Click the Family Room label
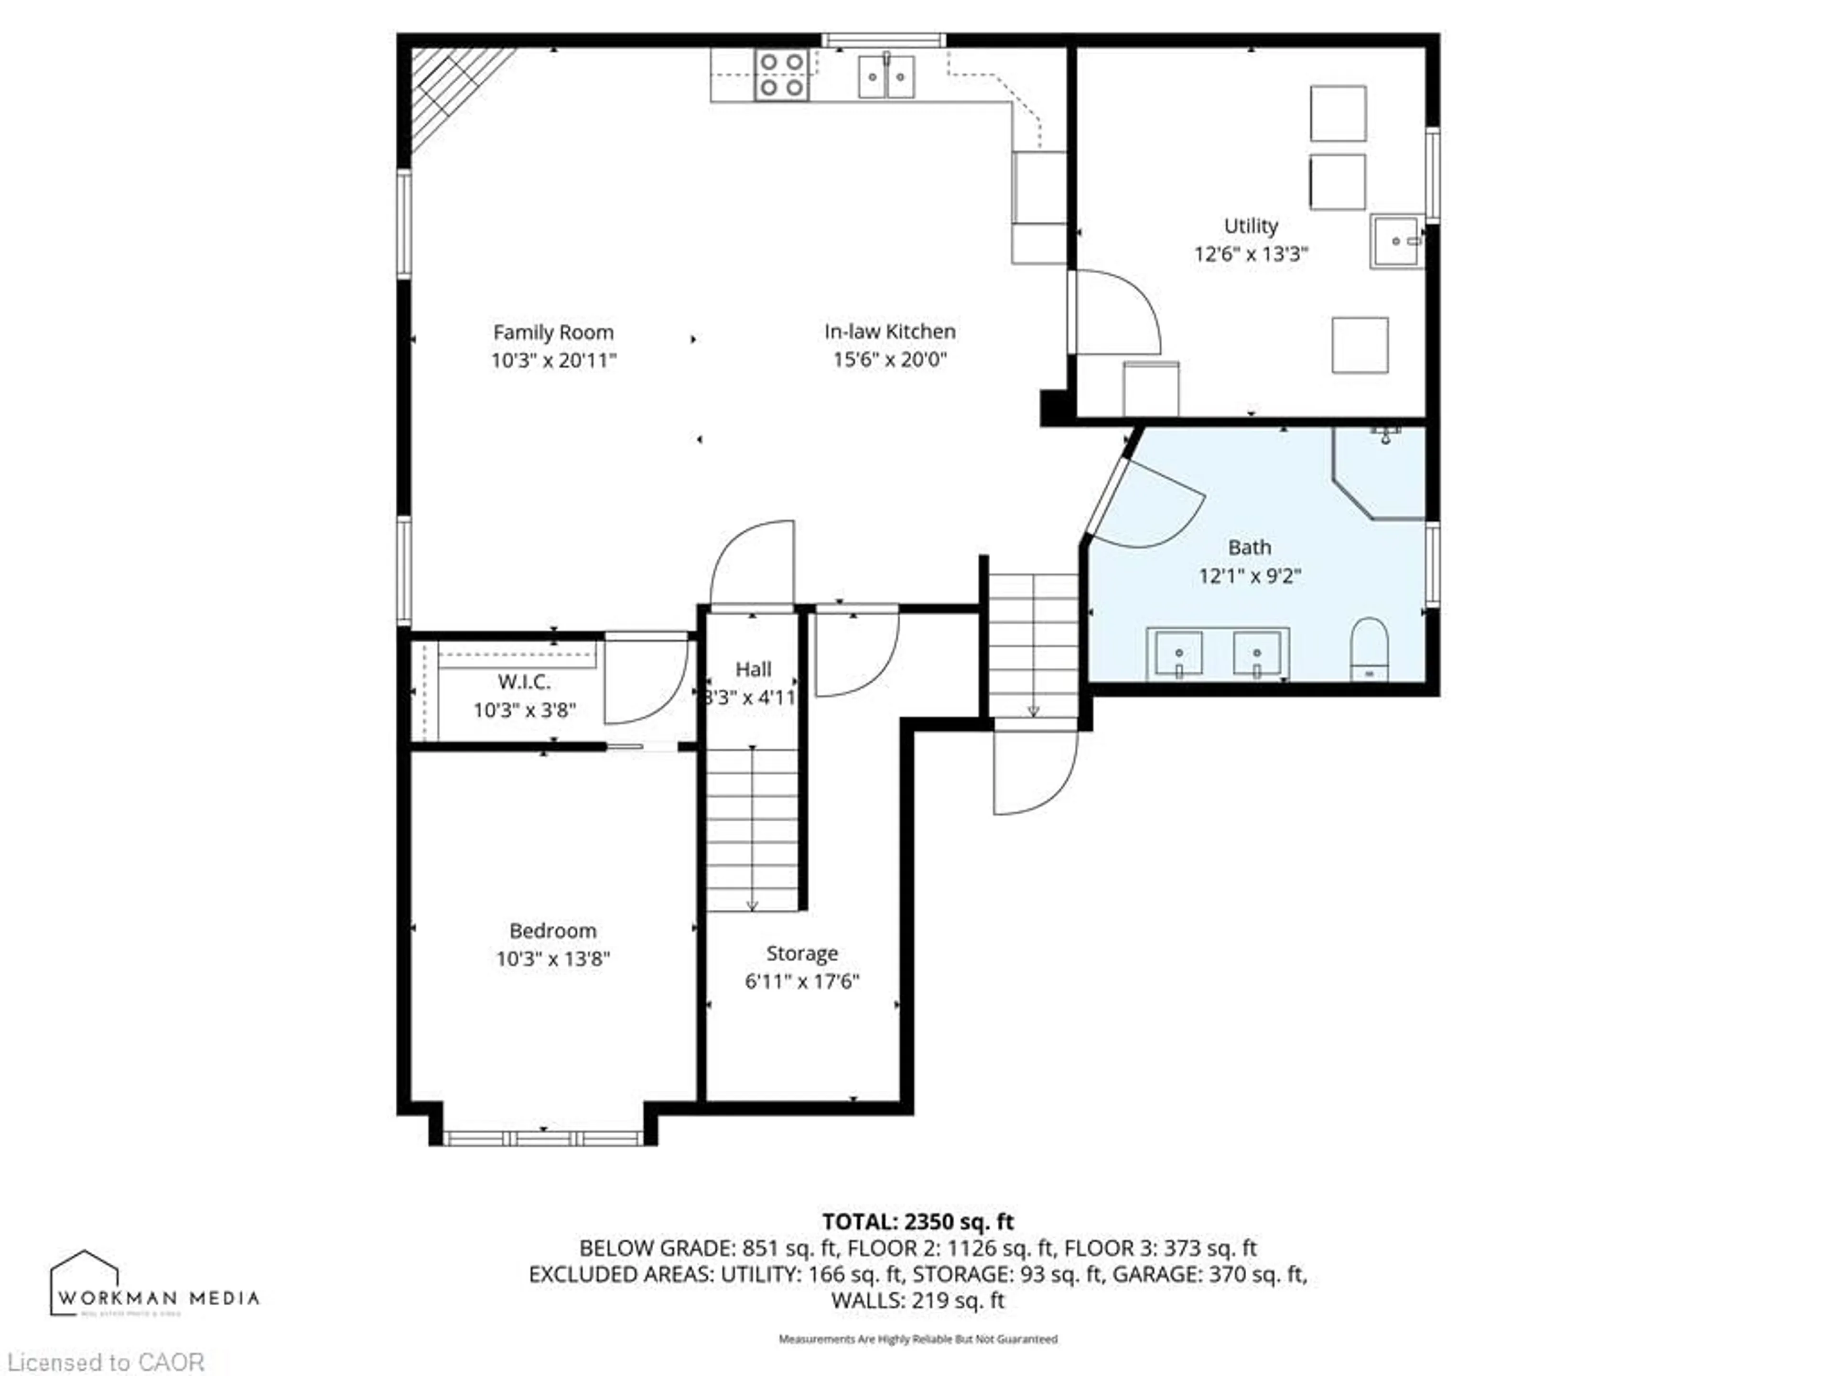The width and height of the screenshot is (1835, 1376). pos(553,333)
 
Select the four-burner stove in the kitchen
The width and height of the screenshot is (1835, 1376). pos(781,75)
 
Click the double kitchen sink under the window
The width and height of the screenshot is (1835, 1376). pos(886,76)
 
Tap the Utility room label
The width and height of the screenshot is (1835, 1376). pos(1250,226)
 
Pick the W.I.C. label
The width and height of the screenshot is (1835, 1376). pos(524,682)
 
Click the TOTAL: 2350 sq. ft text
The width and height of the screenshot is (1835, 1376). pos(917,1221)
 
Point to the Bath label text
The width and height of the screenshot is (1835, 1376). pos(1249,548)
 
